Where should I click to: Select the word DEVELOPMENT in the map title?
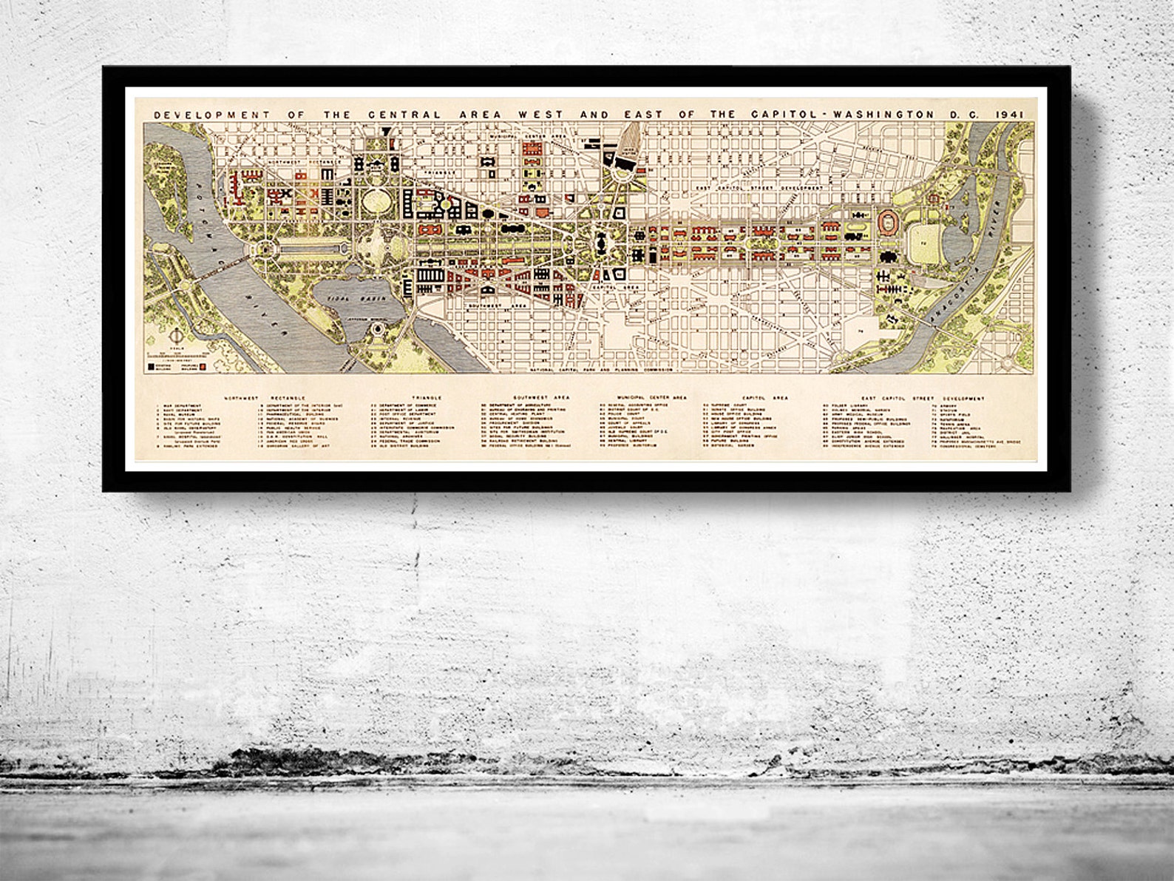[x=188, y=115]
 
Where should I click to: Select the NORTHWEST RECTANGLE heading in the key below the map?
[x=242, y=397]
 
